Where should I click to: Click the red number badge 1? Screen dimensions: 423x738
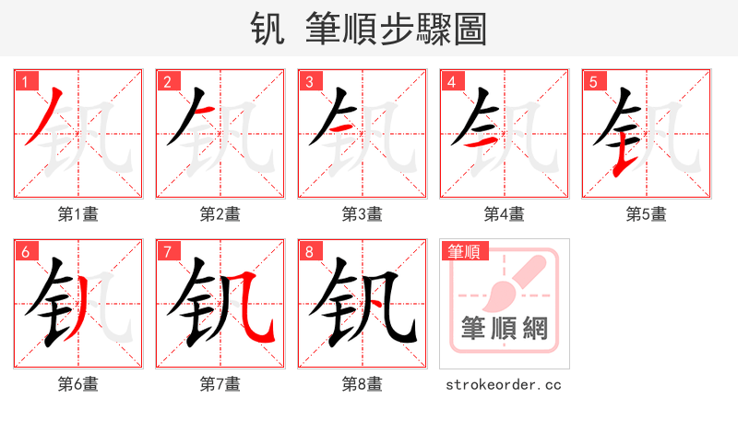(24, 81)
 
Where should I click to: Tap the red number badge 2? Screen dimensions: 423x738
(166, 81)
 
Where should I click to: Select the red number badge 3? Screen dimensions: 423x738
(308, 81)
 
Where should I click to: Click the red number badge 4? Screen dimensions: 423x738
(450, 81)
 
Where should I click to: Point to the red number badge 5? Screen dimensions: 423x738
(592, 81)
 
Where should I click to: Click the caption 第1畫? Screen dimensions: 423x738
(77, 214)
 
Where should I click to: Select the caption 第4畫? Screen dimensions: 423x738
(504, 214)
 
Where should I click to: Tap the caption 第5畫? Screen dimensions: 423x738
(646, 214)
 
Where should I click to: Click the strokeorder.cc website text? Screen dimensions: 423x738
(504, 384)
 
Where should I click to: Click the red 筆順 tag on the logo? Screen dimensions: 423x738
(464, 250)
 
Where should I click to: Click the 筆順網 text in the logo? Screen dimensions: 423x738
(504, 329)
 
